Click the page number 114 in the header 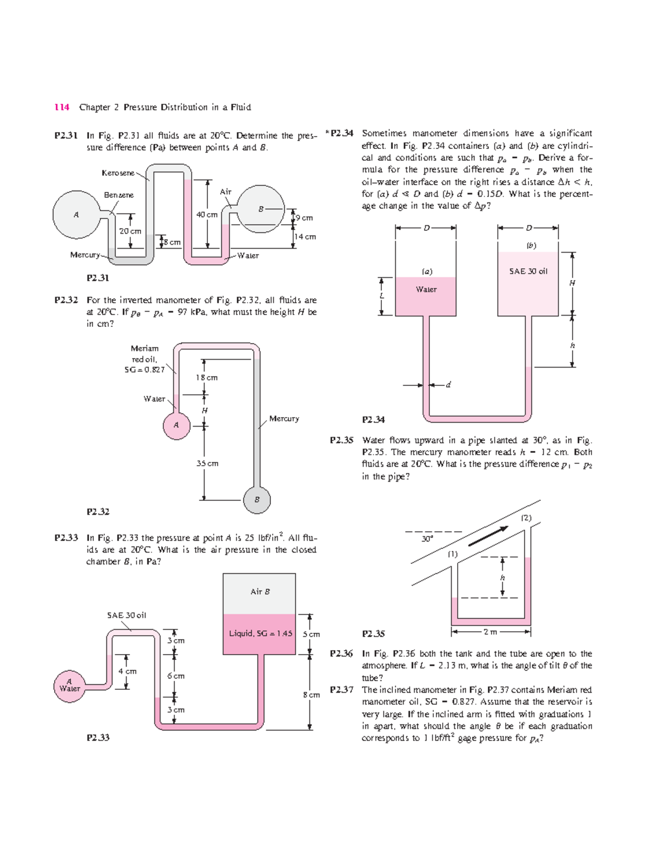pos(62,107)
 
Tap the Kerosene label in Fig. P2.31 pos(118,173)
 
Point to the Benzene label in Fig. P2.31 pos(119,195)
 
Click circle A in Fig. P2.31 pos(76,215)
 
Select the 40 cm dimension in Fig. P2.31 pos(207,215)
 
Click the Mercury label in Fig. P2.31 pos(85,255)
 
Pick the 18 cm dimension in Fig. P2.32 pos(206,378)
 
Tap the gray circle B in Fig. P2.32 pos(257,500)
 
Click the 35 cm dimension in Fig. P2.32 pos(207,463)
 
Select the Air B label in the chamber pos(260,592)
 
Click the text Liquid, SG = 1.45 pos(260,633)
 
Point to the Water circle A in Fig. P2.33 pos(70,685)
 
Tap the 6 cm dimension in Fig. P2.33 pos(176,676)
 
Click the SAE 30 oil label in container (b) pos(528,272)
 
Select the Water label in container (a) pos(426,289)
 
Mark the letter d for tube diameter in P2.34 pos(448,385)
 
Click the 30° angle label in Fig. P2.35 pos(427,539)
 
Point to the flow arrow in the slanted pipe pos(488,536)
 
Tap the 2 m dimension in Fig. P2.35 pos(490,632)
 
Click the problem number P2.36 pos(341,654)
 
